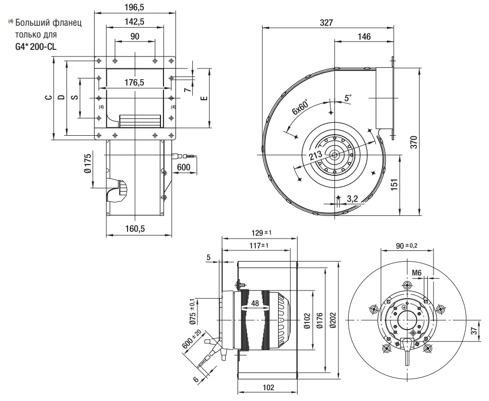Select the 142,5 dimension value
point(135,22)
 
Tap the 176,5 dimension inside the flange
point(135,82)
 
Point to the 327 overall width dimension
point(327,23)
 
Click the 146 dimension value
point(364,37)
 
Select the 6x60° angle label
point(300,107)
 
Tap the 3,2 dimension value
point(353,197)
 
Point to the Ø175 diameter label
point(88,163)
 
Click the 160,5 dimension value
point(135,229)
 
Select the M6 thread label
point(416,272)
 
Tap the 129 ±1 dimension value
point(260,233)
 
